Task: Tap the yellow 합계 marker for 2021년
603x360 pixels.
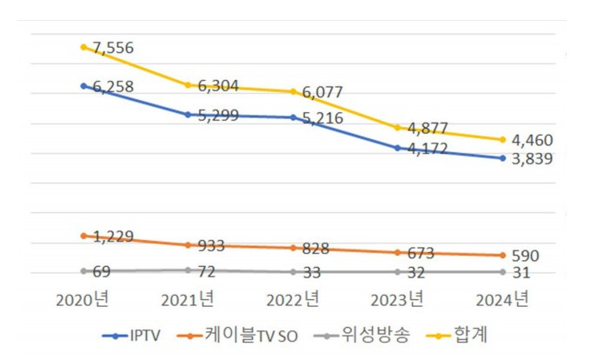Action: click(189, 84)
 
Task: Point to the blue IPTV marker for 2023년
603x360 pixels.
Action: click(398, 148)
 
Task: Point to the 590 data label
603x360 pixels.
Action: click(526, 256)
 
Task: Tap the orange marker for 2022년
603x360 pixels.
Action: click(293, 248)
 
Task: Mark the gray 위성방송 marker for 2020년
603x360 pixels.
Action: click(83, 270)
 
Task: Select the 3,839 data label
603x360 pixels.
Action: click(531, 158)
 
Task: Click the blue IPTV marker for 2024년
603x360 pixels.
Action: click(502, 157)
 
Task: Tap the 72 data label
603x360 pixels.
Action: click(207, 272)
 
